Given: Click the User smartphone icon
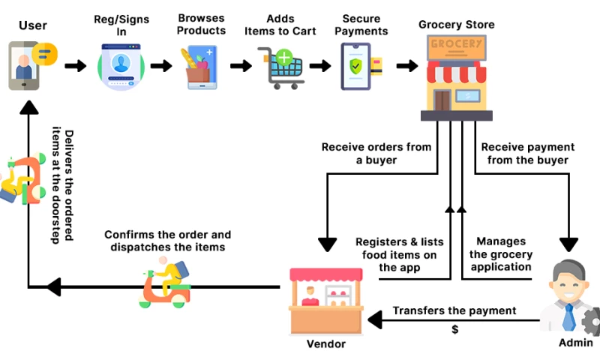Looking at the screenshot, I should point(24,66).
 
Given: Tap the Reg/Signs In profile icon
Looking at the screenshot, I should point(121,67).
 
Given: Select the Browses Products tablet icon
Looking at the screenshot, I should point(198,67).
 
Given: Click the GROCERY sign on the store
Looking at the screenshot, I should point(456,44).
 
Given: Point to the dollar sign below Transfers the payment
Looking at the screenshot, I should point(454,329).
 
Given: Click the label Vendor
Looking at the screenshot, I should point(326,344).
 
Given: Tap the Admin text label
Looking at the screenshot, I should point(575,343).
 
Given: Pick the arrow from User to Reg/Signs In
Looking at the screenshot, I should point(75,66).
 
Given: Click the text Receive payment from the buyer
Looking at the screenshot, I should point(527,153).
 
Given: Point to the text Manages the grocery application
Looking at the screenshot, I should point(501,254).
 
